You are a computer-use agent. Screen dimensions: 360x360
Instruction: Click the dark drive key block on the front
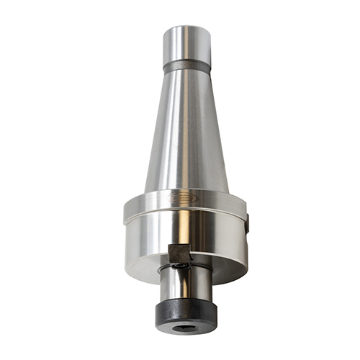(x=178, y=253)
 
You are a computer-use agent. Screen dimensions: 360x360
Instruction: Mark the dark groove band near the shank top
(x=186, y=66)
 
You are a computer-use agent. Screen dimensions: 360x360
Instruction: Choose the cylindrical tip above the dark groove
(x=186, y=43)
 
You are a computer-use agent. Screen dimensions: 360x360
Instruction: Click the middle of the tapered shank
(x=184, y=130)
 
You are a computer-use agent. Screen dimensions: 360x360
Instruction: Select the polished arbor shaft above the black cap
(x=185, y=284)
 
